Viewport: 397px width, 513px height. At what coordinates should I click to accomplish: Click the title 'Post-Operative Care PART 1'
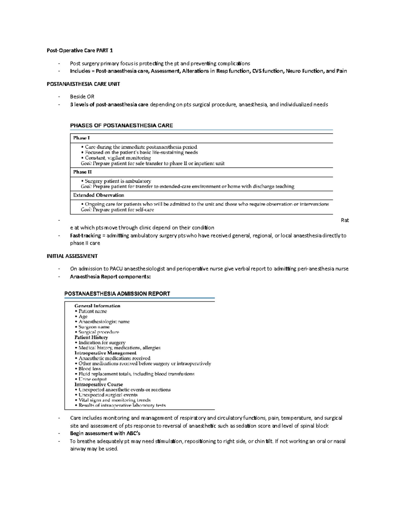80,51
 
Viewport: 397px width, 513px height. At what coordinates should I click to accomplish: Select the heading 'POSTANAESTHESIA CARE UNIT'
83,84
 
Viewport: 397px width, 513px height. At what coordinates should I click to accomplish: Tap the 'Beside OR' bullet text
82,97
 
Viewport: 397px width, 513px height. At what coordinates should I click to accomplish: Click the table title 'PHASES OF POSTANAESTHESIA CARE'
121,126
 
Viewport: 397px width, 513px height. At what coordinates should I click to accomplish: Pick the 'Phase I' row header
81,138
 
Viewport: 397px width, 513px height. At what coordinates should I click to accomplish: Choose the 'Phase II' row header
82,172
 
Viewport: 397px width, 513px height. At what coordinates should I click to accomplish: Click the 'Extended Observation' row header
99,195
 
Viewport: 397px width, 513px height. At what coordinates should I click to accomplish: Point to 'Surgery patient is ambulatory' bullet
117,181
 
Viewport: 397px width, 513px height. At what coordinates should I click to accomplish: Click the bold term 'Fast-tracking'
85,236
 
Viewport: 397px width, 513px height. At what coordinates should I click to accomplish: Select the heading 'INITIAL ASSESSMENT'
72,256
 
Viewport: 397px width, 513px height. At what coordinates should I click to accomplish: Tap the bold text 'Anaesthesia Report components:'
110,277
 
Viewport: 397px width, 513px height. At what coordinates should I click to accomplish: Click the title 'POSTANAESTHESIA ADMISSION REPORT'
117,294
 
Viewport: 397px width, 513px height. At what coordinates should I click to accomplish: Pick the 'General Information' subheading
97,306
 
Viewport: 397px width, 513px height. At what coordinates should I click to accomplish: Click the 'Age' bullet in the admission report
83,316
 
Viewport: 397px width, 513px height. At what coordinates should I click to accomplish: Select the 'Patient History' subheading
91,337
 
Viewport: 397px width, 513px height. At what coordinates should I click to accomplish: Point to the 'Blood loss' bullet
89,369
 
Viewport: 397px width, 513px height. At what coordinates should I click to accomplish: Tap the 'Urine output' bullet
92,379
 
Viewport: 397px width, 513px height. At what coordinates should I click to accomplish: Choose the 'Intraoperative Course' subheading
99,385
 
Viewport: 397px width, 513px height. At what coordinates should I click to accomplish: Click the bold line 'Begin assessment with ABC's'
105,433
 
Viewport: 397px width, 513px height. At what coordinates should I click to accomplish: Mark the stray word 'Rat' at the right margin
345,220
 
